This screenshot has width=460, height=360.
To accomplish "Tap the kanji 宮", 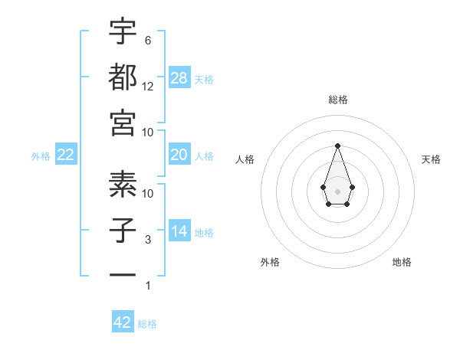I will click(x=123, y=123).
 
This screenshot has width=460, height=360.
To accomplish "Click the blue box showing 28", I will click(x=179, y=77).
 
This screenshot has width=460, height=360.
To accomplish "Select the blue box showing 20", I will click(x=179, y=155).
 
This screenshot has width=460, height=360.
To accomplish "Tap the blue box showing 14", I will click(x=179, y=231).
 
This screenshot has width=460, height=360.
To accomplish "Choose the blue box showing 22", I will click(x=66, y=155).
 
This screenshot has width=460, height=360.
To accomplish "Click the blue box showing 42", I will click(x=123, y=322).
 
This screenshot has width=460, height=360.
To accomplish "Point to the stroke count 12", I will click(x=148, y=86).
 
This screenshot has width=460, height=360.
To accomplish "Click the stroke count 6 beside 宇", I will click(x=148, y=40).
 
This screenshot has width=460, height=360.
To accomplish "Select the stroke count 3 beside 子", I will click(x=148, y=240).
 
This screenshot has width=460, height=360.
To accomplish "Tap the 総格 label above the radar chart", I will click(x=338, y=100).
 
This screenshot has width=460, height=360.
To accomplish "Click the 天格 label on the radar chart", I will click(x=431, y=159).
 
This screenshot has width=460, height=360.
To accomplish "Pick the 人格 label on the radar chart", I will click(x=245, y=159).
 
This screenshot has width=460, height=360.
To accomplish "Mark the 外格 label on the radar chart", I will click(x=270, y=262).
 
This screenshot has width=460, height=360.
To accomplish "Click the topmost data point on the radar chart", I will click(x=337, y=146).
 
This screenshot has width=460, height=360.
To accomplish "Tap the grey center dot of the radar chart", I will click(x=337, y=191).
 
